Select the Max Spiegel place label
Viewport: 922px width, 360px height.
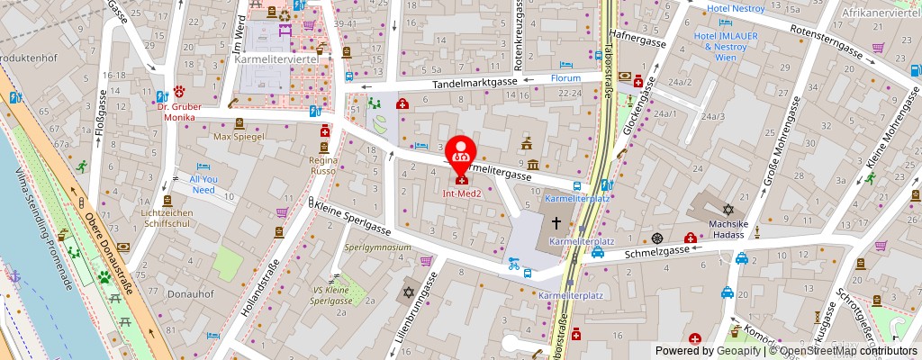click(x=239, y=137)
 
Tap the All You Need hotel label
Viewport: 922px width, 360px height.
click(x=203, y=184)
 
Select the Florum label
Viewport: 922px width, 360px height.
click(x=565, y=78)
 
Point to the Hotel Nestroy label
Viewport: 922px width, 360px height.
click(x=735, y=8)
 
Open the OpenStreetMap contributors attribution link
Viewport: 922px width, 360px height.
click(x=847, y=351)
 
